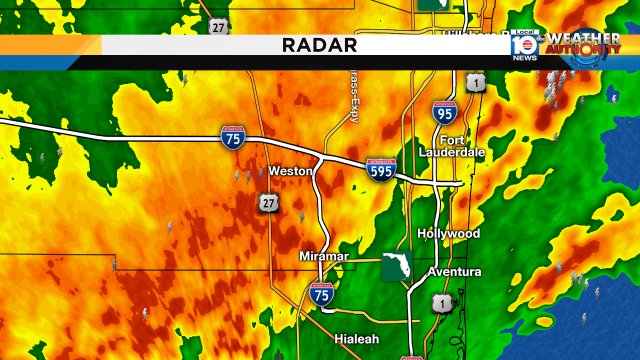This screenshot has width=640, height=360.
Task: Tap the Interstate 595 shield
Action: tap(380, 170)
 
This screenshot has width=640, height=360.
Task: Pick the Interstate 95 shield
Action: tap(445, 114)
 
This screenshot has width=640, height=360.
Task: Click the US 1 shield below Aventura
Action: tap(441, 302)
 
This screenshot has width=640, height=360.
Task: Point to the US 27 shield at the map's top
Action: tap(218, 27)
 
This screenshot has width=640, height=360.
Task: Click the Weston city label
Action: tap(291, 171)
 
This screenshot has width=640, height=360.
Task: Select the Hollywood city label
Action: tap(449, 233)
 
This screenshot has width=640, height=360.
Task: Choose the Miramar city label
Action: tap(324, 257)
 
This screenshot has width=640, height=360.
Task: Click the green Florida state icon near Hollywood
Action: tap(395, 267)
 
